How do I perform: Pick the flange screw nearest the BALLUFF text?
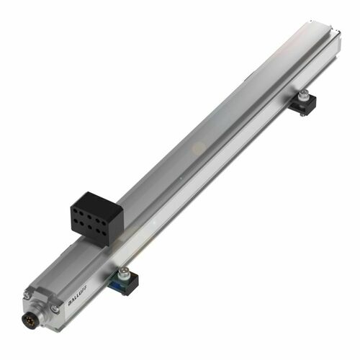click(54, 310)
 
